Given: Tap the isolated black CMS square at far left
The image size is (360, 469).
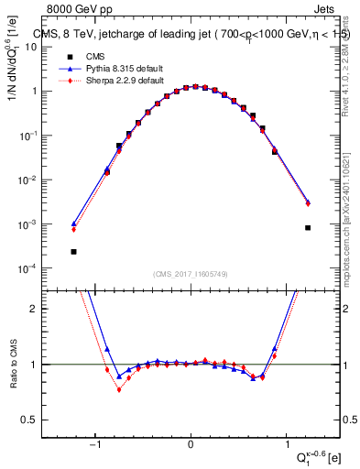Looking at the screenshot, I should click(x=73, y=251).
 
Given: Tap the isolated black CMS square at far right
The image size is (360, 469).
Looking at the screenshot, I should click(x=308, y=227).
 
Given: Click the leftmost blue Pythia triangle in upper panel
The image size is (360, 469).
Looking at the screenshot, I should click(x=73, y=224).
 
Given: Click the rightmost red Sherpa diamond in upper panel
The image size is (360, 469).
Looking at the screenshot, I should click(x=308, y=204).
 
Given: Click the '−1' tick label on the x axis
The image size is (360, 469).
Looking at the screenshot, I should click(x=95, y=446).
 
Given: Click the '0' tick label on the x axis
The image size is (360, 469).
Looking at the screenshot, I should click(x=191, y=446).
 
